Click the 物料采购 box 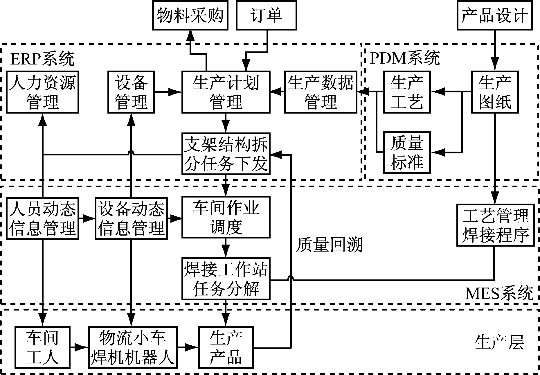[x=190, y=15]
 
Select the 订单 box [x=266, y=15]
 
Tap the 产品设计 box [x=495, y=15]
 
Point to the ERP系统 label [x=42, y=59]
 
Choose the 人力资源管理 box [x=42, y=92]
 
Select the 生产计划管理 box [x=226, y=92]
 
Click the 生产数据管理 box [x=321, y=92]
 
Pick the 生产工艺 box [x=407, y=92]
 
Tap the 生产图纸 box [x=495, y=92]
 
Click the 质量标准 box [x=407, y=152]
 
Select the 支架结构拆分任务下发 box [x=226, y=154]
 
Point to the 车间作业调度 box [x=226, y=217]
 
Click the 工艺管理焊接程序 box [x=495, y=225]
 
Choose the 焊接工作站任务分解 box [x=226, y=279]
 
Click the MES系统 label [x=499, y=293]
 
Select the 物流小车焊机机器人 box [x=132, y=347]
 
